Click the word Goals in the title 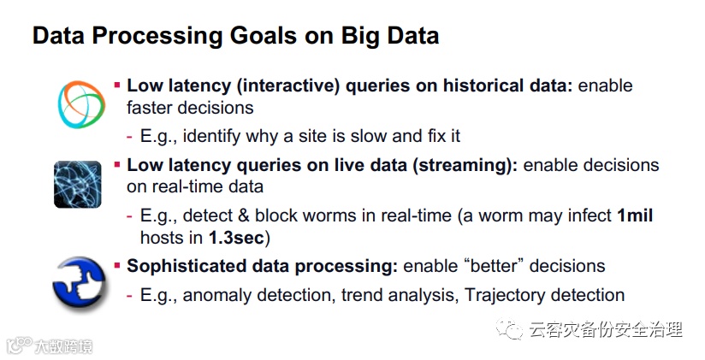point(264,36)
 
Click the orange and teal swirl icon point(81,104)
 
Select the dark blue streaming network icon point(77,184)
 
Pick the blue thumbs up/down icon point(79,285)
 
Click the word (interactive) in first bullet point(288,86)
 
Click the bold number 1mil point(635,215)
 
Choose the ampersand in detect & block point(244,215)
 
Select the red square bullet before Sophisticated point(117,266)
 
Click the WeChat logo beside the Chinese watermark point(509,329)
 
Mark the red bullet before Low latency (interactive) point(117,85)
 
